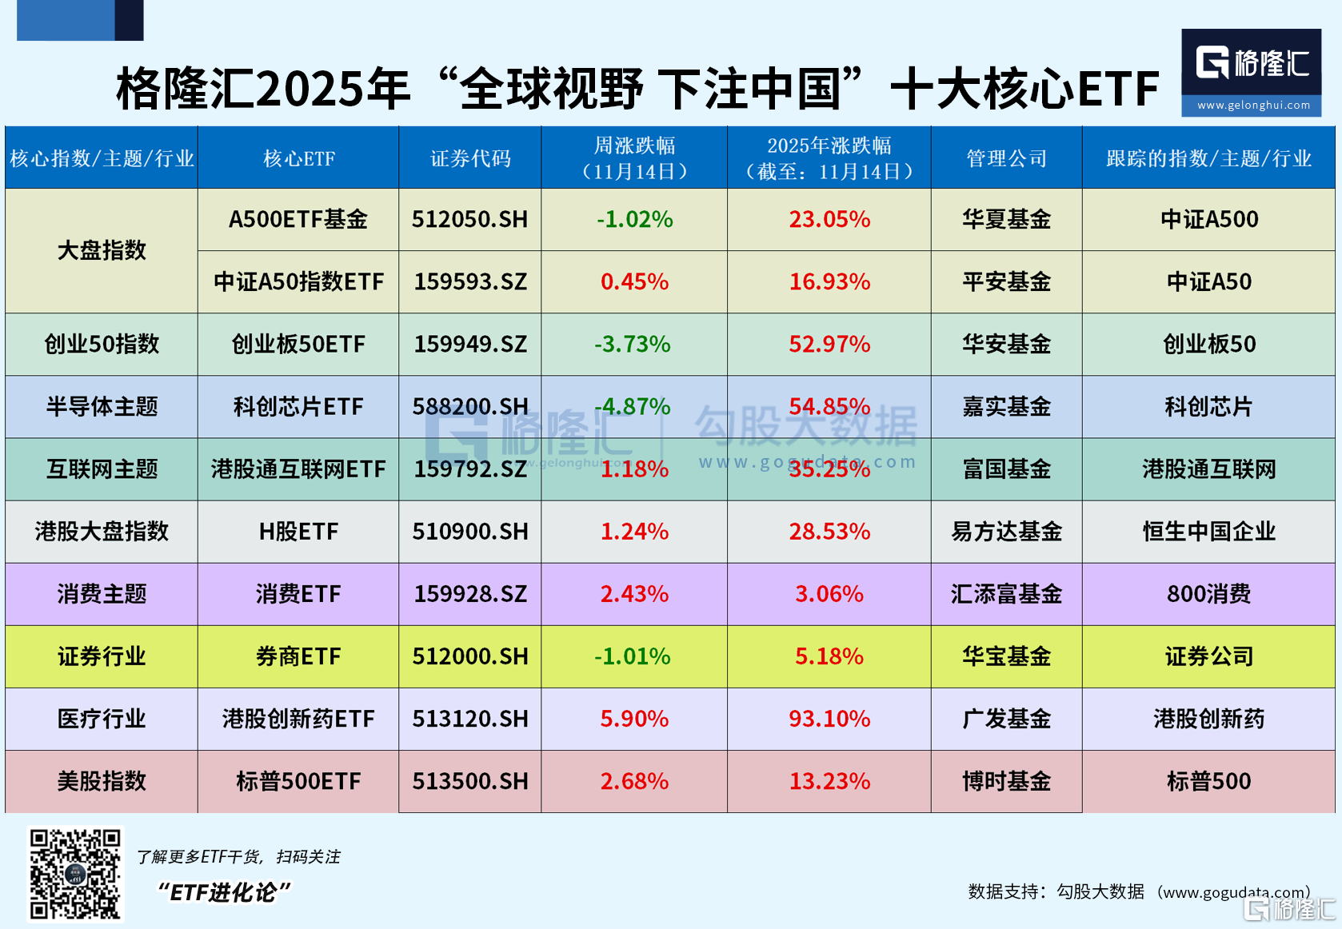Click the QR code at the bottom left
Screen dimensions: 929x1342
click(75, 874)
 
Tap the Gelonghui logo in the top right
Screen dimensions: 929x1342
click(1251, 72)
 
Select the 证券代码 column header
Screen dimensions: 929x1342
click(470, 158)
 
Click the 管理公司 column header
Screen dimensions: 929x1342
click(1006, 158)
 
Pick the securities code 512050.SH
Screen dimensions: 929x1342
click(470, 219)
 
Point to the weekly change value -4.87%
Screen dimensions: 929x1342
click(633, 406)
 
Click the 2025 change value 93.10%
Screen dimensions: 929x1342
click(829, 719)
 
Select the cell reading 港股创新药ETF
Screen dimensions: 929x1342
click(298, 719)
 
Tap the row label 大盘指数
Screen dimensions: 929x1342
click(102, 250)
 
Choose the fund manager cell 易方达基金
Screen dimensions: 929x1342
click(1006, 532)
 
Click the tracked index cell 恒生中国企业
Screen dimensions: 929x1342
click(1208, 532)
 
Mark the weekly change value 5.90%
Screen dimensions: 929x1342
click(634, 719)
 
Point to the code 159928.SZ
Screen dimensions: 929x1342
click(470, 594)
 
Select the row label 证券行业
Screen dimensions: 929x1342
click(102, 656)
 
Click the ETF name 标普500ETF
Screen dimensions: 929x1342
click(298, 781)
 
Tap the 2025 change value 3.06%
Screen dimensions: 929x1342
click(829, 594)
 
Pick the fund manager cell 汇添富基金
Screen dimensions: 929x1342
click(1006, 594)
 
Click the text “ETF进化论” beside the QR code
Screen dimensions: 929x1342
click(225, 892)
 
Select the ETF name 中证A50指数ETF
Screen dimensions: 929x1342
click(298, 281)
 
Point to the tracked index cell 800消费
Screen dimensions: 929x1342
click(1208, 594)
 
